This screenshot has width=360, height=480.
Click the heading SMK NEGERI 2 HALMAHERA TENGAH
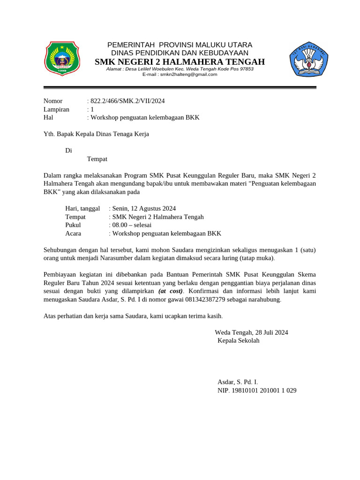(x=180, y=62)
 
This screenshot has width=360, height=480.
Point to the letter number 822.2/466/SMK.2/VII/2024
(x=127, y=101)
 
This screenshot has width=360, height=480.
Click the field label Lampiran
(x=56, y=109)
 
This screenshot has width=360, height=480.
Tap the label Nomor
(x=53, y=101)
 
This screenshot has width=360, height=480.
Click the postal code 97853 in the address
(x=246, y=69)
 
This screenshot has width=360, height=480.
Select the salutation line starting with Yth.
(x=96, y=134)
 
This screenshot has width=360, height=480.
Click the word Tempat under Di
(x=97, y=159)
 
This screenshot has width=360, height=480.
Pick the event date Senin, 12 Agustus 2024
(x=144, y=208)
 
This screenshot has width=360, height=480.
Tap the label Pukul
(x=73, y=225)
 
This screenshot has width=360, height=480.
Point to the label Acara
(x=73, y=233)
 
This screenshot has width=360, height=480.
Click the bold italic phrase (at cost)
(x=171, y=291)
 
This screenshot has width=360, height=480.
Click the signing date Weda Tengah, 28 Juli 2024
(x=251, y=332)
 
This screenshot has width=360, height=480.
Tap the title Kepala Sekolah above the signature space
(x=238, y=340)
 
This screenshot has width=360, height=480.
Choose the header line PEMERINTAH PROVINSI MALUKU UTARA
(x=180, y=45)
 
